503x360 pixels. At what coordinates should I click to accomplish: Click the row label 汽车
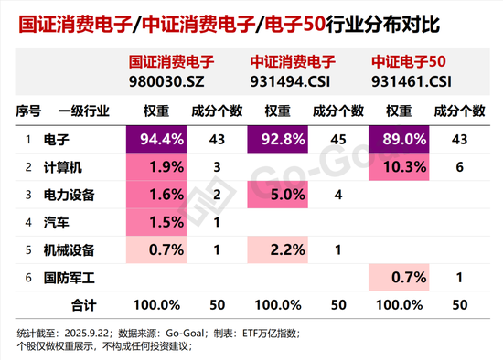[56, 221]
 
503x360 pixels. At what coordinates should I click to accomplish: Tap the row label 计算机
[62, 166]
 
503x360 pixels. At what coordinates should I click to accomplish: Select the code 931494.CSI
[287, 81]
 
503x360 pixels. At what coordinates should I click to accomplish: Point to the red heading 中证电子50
[408, 63]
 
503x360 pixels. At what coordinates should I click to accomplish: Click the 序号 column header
[28, 111]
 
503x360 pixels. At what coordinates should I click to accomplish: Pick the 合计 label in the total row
[82, 302]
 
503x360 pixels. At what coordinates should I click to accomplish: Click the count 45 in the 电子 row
[338, 140]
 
